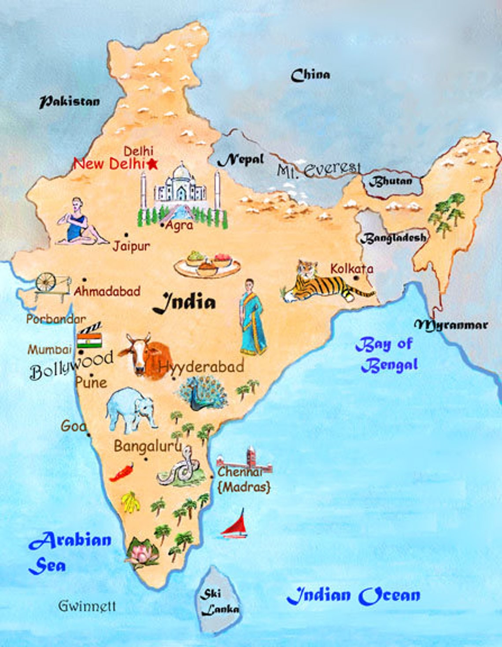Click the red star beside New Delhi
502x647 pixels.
point(152,164)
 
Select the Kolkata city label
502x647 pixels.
point(351,269)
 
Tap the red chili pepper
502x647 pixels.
point(122,472)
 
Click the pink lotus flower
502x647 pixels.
point(142,551)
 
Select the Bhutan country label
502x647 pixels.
point(391,181)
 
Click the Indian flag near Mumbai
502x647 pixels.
point(89,340)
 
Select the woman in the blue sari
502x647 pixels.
point(252,317)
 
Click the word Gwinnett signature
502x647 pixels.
point(87,606)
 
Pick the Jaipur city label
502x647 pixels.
point(131,246)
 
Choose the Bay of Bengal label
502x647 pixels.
point(387,355)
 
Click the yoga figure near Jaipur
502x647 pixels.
point(80,222)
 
